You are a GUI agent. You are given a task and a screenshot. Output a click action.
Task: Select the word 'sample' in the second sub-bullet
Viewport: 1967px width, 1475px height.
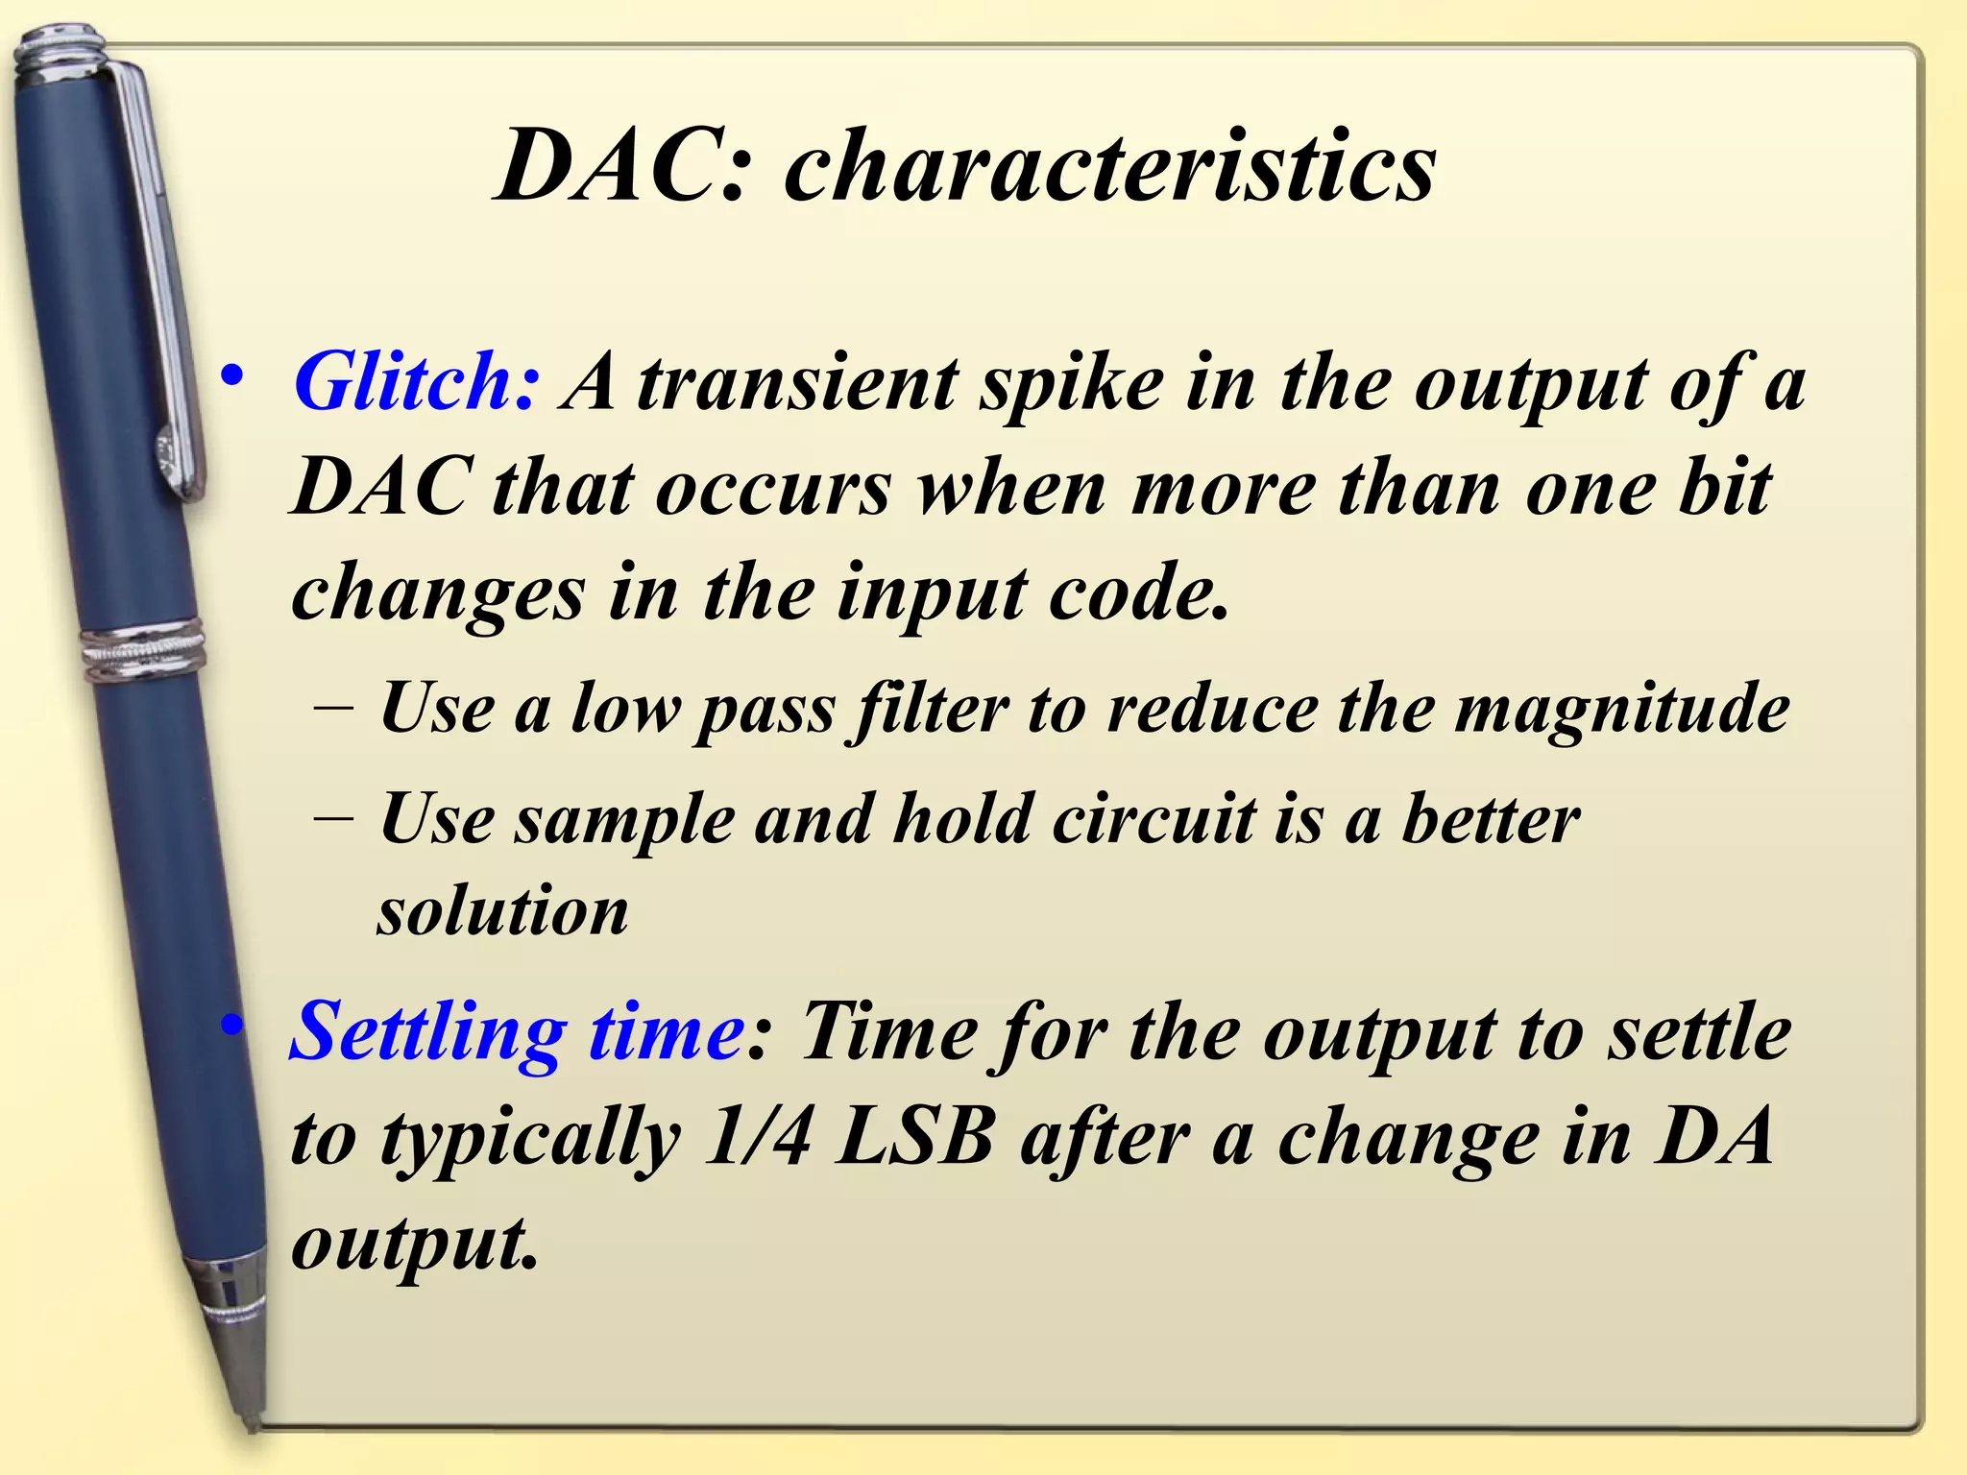(624, 822)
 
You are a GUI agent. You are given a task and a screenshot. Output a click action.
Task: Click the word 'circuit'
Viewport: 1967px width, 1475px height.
(1153, 820)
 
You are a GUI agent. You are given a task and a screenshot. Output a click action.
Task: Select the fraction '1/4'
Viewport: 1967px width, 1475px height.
(758, 1139)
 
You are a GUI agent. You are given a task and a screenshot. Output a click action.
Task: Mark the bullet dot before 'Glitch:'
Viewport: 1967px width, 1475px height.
(231, 377)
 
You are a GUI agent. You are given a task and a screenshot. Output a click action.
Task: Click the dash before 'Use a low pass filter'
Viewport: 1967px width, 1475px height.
(333, 712)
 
